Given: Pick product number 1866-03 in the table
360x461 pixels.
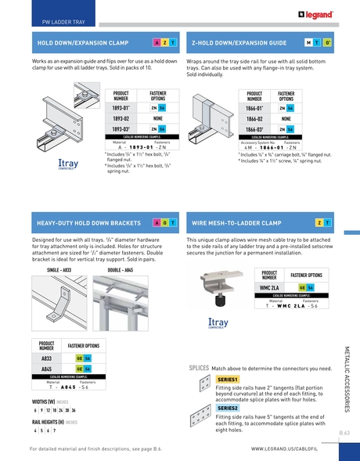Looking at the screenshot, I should [x=254, y=128].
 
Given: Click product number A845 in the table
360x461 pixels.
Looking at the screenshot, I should [x=46, y=368].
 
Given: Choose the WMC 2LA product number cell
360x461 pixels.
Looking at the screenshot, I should [x=268, y=287].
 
